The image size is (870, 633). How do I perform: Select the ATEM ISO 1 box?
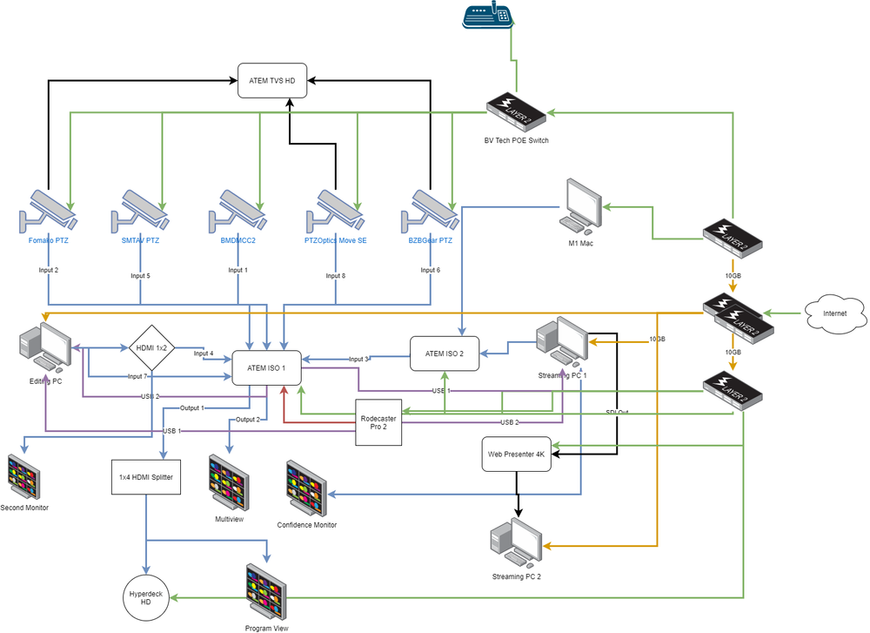266,367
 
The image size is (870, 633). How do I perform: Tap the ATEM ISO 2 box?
445,353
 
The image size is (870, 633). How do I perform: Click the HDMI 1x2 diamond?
153,348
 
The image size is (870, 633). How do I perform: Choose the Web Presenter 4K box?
517,454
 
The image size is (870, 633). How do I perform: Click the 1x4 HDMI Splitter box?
146,477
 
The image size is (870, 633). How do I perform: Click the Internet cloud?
833,313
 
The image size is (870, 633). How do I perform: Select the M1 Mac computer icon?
580,206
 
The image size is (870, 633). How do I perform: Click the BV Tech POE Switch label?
517,140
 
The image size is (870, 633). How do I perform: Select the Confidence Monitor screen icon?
306,488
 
